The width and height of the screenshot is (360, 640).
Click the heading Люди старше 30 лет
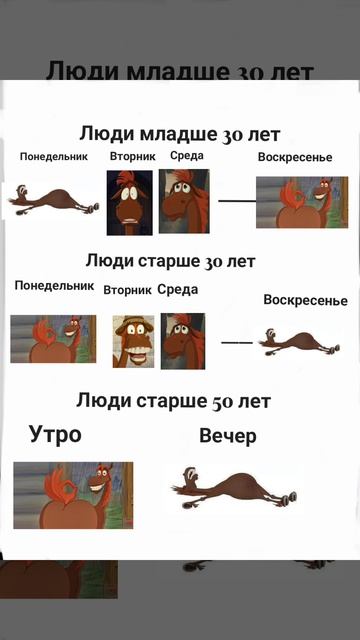pyautogui.click(x=171, y=261)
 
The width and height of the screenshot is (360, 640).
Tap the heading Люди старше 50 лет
pyautogui.click(x=173, y=401)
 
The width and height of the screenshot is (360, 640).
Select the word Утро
pyautogui.click(x=55, y=435)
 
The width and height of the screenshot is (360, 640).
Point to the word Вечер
pyautogui.click(x=228, y=436)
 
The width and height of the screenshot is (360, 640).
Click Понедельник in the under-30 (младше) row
pyautogui.click(x=54, y=156)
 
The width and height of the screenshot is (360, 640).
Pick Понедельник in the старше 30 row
pyautogui.click(x=54, y=285)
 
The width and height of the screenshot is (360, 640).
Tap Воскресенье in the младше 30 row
pyautogui.click(x=295, y=157)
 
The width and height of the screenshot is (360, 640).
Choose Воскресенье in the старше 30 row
pyautogui.click(x=305, y=300)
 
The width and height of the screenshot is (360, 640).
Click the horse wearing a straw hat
pyautogui.click(x=133, y=341)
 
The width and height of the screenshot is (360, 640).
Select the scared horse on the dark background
pyautogui.click(x=129, y=203)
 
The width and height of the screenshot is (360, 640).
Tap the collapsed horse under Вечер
pyautogui.click(x=234, y=488)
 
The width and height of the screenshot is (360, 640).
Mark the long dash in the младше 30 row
pyautogui.click(x=237, y=201)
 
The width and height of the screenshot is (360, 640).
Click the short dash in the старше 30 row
pyautogui.click(x=237, y=343)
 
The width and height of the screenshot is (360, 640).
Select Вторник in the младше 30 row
pyautogui.click(x=133, y=156)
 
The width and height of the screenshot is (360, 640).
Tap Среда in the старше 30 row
pyautogui.click(x=178, y=289)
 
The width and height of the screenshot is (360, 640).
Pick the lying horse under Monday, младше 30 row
pyautogui.click(x=54, y=199)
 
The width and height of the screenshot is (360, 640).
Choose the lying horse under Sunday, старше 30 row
pyautogui.click(x=299, y=341)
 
